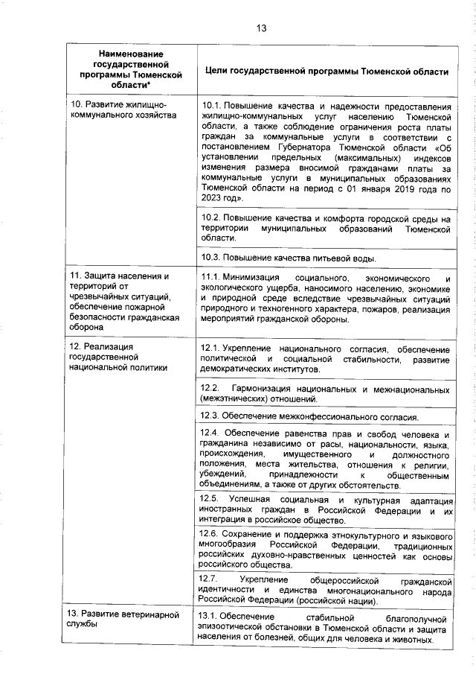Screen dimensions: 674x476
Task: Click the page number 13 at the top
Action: click(261, 28)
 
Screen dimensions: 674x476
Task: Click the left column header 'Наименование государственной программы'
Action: click(129, 70)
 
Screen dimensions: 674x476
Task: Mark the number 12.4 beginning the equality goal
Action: click(211, 434)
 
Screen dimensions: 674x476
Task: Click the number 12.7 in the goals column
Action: click(211, 579)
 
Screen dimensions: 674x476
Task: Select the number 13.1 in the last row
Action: click(211, 618)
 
